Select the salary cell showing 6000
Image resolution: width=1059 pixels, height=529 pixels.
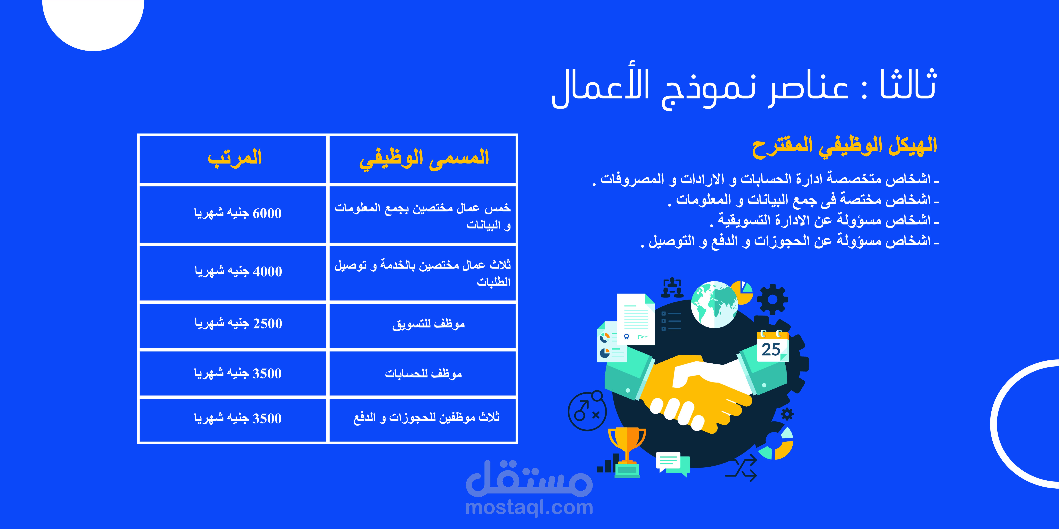coord(238,213)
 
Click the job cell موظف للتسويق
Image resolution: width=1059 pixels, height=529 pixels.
coord(428,324)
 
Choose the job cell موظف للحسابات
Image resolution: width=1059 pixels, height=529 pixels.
coord(423,373)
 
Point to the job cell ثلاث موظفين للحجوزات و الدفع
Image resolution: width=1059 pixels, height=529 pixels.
coord(426,418)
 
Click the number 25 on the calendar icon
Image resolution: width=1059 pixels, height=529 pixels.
coord(771,350)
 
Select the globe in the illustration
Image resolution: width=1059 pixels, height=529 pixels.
coord(714,304)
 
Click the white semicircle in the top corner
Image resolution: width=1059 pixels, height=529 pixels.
coord(93,23)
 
